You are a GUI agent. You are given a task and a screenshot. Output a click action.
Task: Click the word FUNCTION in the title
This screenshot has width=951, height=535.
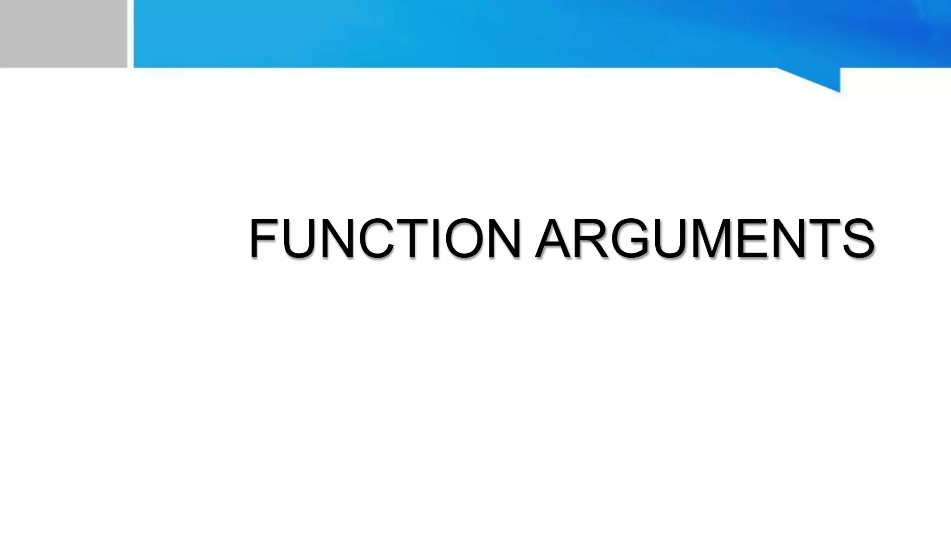[x=384, y=238]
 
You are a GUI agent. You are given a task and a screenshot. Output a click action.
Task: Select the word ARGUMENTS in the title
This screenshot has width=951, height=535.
[x=705, y=238]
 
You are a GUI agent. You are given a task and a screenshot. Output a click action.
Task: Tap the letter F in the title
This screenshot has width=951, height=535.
[x=264, y=238]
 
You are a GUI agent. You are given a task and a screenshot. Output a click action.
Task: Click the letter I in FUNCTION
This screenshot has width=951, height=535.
[x=435, y=238]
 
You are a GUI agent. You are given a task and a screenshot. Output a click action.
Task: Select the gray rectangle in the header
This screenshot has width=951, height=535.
[x=63, y=33]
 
